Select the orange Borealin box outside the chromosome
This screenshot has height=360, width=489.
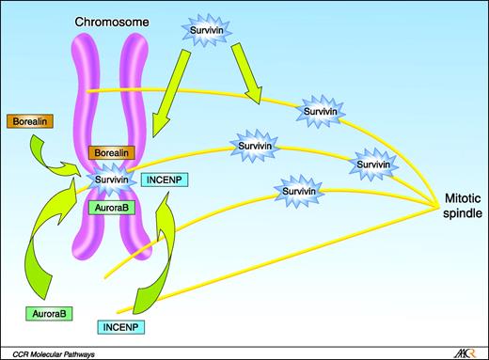point(29,122)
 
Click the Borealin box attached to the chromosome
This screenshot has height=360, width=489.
point(112,152)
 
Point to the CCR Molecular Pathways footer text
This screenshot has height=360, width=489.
point(57,352)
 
